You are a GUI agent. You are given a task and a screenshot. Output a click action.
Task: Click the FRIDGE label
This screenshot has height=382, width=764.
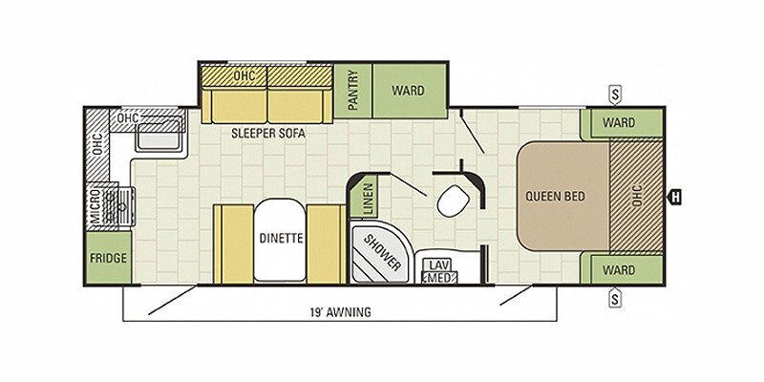click(108, 258)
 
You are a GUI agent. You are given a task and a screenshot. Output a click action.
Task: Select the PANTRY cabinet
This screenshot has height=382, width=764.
click(353, 91)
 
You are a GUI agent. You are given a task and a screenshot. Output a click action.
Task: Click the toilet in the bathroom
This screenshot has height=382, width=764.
click(453, 201)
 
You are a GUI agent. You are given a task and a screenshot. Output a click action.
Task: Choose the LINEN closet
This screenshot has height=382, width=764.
click(370, 198)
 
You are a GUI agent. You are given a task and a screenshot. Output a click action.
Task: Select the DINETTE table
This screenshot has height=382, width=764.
click(279, 240)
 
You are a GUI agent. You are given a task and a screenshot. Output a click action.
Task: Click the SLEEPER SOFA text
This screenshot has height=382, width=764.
click(268, 134)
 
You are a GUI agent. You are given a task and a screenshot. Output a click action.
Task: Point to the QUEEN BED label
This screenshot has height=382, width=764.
click(555, 197)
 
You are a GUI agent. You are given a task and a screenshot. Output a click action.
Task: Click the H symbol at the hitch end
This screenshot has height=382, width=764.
click(675, 198)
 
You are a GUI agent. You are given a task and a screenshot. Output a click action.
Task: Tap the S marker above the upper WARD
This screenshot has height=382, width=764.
click(615, 95)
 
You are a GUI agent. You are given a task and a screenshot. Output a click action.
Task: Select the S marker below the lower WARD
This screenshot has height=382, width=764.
click(615, 298)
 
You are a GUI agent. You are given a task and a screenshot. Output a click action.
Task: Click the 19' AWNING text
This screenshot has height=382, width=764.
click(341, 312)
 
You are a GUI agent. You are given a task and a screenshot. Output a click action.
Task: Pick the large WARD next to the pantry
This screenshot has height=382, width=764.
click(410, 91)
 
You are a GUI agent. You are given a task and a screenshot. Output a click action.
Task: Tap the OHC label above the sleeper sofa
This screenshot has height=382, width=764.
click(244, 76)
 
